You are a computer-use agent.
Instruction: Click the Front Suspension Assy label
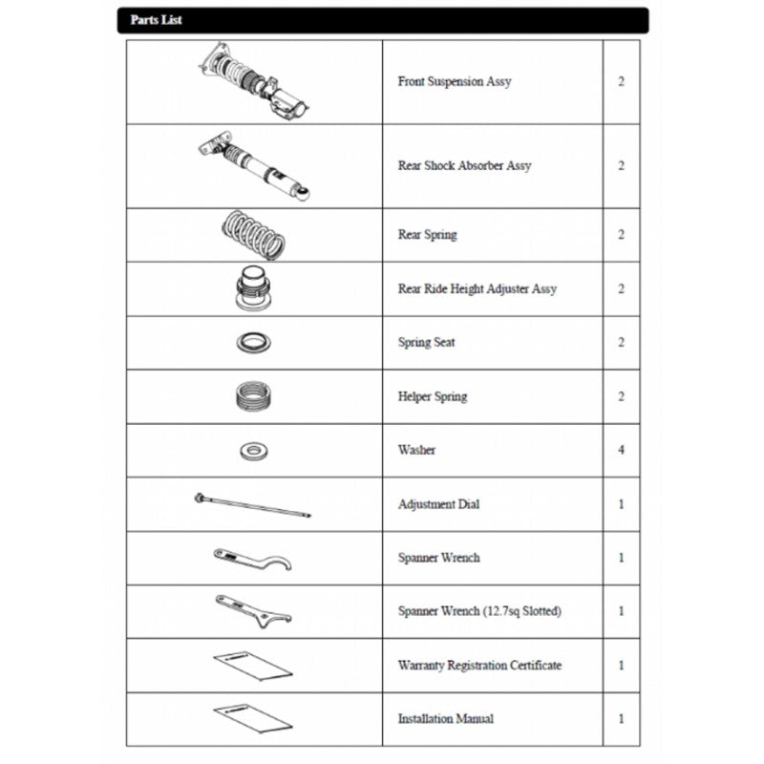tap(454, 81)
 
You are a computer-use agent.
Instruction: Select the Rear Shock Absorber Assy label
tap(464, 165)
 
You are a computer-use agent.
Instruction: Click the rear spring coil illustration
tap(254, 235)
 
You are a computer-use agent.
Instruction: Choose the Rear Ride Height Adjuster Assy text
tap(477, 288)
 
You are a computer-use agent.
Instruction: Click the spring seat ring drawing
tap(254, 341)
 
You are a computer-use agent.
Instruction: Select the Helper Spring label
tap(433, 396)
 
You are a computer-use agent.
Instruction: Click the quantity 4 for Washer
tap(621, 450)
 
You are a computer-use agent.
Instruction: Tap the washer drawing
tap(254, 450)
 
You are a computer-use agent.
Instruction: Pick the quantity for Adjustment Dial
tap(621, 504)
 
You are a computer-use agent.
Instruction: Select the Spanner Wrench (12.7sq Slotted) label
tap(479, 611)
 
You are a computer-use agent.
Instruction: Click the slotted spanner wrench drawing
tap(252, 610)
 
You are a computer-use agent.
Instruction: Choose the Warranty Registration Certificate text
tap(479, 665)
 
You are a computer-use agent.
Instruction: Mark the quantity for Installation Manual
tap(621, 719)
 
